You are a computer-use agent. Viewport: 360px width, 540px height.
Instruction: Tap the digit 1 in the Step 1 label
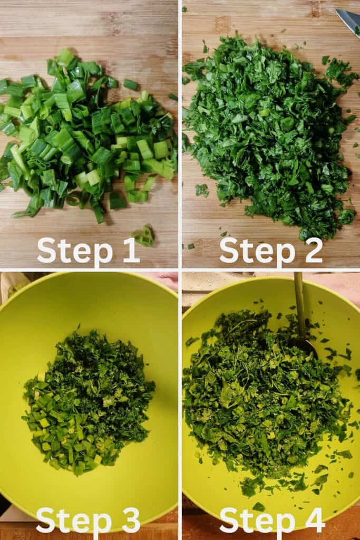131,249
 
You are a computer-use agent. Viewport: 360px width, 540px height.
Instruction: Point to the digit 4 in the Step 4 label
312,520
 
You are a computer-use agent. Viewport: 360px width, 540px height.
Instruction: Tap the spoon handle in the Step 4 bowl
299,303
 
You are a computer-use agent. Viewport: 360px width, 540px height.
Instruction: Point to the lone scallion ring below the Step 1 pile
144,236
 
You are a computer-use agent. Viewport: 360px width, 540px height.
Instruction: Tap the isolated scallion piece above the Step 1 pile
131,84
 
